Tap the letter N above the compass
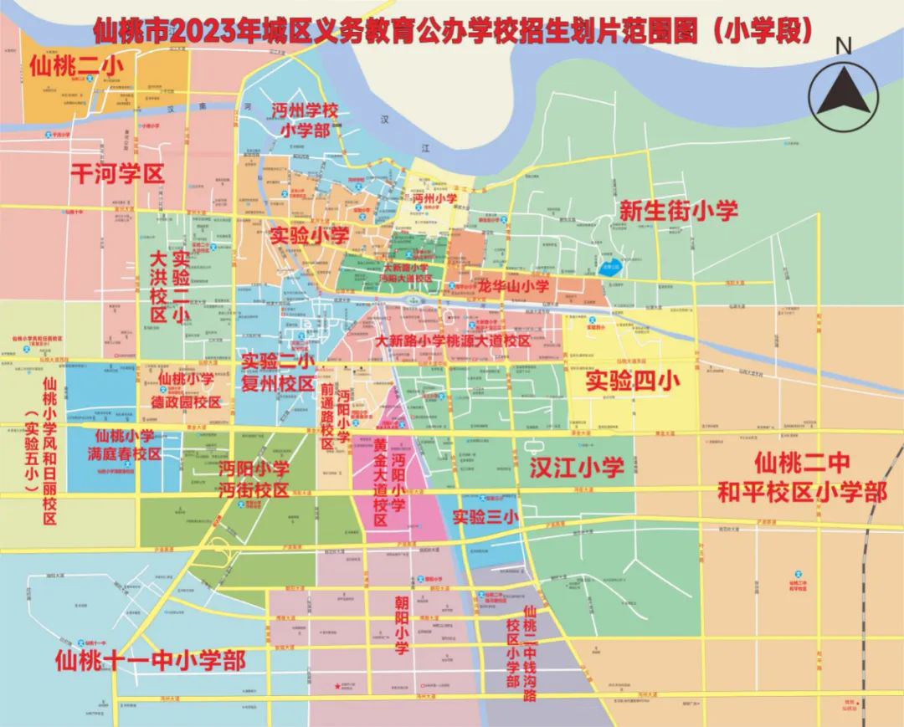click(x=844, y=47)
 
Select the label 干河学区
click(x=117, y=173)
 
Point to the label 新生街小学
click(x=678, y=210)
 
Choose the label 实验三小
click(x=485, y=517)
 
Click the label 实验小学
click(x=309, y=236)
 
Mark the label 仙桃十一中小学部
click(x=150, y=661)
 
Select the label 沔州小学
click(x=434, y=198)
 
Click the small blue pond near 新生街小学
click(x=611, y=269)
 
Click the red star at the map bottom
click(x=338, y=687)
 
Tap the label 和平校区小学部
click(x=802, y=492)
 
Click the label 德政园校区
click(x=189, y=402)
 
